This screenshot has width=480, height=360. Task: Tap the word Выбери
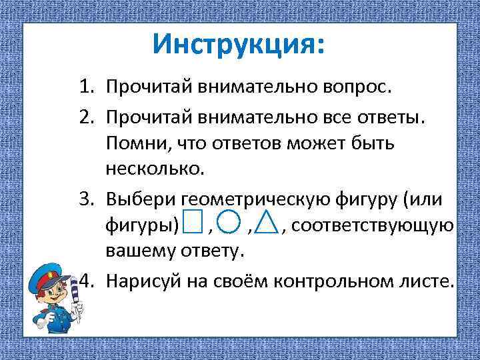coord(141,199)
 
